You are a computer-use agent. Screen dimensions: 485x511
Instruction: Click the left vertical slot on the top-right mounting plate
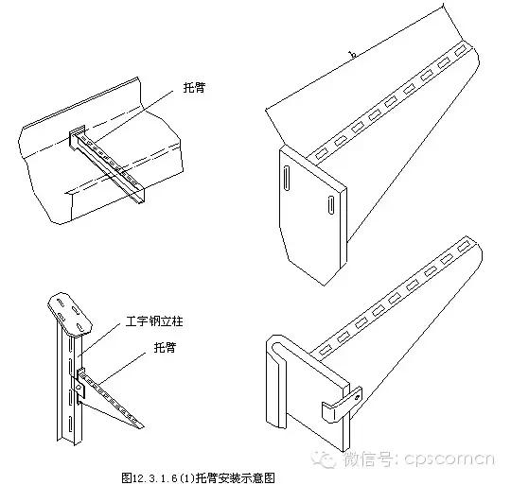pyautogui.click(x=286, y=182)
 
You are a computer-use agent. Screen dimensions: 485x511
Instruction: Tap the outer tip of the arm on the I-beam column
pyautogui.click(x=142, y=425)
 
